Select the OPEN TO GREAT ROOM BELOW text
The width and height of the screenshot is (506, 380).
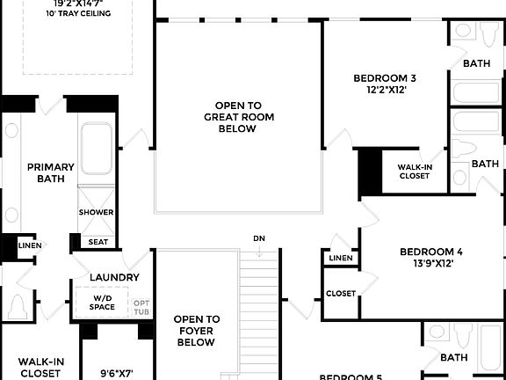pyautogui.click(x=230, y=117)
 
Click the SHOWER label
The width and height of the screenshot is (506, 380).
pyautogui.click(x=96, y=213)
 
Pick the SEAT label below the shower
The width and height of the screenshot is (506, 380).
pyautogui.click(x=98, y=242)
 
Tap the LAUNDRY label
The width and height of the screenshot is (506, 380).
pyautogui.click(x=113, y=278)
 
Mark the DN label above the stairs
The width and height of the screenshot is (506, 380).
pyautogui.click(x=259, y=238)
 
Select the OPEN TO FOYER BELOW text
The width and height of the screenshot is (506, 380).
pyautogui.click(x=196, y=331)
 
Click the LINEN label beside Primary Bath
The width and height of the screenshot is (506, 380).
pyautogui.click(x=29, y=245)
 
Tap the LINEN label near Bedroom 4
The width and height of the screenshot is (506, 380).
pyautogui.click(x=340, y=258)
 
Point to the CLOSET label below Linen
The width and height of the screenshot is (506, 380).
pyautogui.click(x=341, y=293)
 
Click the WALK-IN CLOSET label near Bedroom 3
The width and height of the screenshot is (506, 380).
pyautogui.click(x=414, y=171)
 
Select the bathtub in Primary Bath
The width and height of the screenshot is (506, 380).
pyautogui.click(x=96, y=150)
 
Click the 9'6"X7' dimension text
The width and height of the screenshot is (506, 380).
pyautogui.click(x=115, y=372)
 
